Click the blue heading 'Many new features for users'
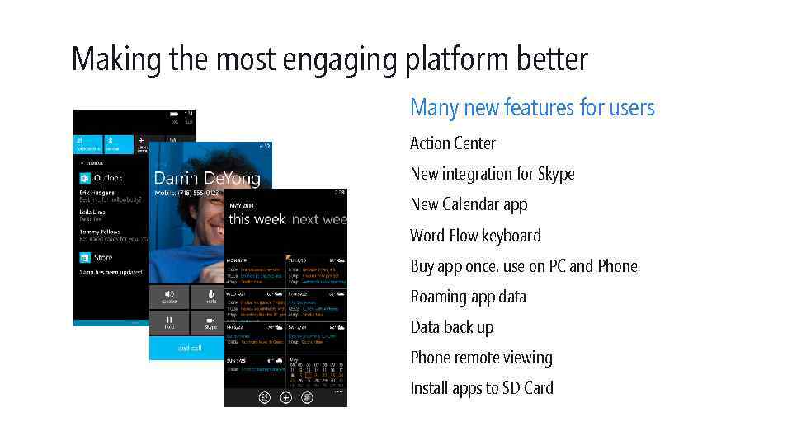pos(532,108)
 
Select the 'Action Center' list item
pos(453,143)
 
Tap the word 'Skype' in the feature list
pos(555,174)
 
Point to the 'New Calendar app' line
pos(469,204)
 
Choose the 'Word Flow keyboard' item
pos(475,236)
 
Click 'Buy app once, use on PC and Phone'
pos(524,266)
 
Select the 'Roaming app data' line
pos(468,297)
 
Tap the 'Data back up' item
pos(452,327)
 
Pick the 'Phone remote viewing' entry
pos(481,358)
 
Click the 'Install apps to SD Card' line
pos(482,388)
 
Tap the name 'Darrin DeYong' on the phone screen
pos(206,179)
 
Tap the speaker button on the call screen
pos(170,296)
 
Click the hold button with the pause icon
pos(169,321)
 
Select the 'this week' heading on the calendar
pos(257,219)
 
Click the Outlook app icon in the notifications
pos(84,178)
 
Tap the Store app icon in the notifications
pos(84,257)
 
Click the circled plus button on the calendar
pos(285,397)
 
